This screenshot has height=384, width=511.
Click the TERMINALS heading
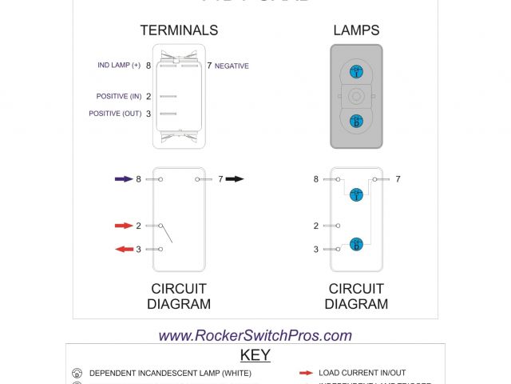coord(179,30)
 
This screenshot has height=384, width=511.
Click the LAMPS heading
coord(356,30)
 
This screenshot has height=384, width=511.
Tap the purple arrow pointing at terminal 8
coord(123,179)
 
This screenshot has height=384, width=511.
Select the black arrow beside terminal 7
coord(235,179)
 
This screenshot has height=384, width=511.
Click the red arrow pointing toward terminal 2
coord(123,226)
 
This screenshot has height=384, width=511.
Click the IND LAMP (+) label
coord(119,65)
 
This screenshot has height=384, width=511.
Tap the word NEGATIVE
coord(232,66)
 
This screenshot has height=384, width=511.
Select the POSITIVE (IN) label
coord(119,97)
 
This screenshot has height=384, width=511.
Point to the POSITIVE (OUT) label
coord(116,114)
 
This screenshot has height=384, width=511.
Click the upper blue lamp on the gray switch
coord(356,73)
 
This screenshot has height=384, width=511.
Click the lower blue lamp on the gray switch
coord(356,121)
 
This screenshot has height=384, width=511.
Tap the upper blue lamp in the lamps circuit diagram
coord(356,194)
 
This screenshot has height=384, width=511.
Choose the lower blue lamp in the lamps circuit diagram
coord(356,243)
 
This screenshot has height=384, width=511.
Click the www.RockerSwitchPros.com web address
coord(255,336)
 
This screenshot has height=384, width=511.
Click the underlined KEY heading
coord(255,355)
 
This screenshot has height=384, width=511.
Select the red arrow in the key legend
coord(305,373)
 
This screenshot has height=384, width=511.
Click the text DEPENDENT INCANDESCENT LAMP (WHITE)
coord(170,373)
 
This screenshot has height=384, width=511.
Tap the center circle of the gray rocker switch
coord(356,97)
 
